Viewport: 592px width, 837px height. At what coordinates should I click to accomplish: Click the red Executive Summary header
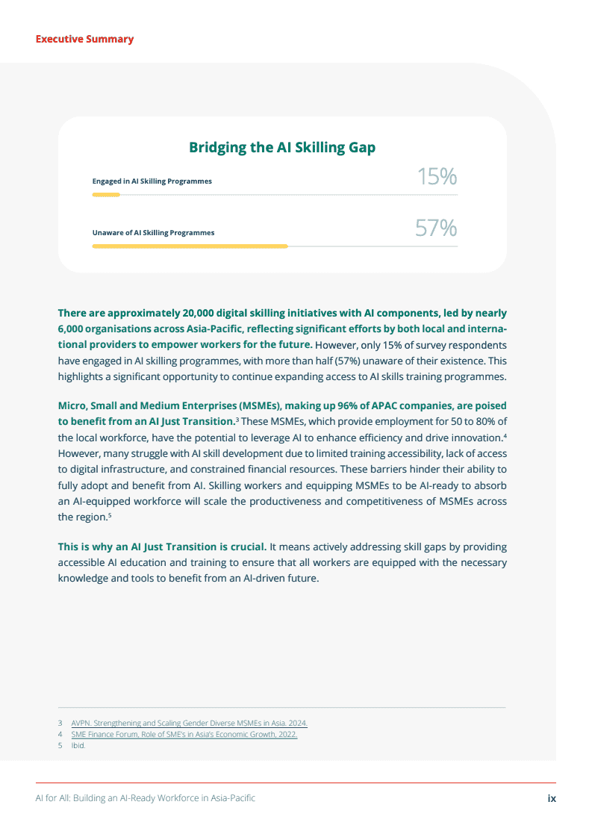tap(84, 39)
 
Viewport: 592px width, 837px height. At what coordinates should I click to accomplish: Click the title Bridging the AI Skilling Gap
tap(282, 147)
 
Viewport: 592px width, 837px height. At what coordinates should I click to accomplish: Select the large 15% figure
tap(437, 177)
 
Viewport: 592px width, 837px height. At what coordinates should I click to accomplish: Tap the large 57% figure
tap(436, 228)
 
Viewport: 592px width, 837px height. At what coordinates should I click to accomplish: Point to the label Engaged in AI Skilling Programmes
tap(152, 181)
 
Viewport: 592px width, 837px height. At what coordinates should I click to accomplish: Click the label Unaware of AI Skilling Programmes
tap(153, 232)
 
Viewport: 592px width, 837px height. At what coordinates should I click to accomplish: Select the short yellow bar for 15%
tap(106, 195)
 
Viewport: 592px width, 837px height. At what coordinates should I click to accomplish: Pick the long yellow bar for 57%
tap(190, 246)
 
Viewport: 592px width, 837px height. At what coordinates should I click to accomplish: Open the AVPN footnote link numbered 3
tap(189, 723)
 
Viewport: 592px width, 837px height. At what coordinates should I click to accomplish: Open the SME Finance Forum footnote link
tap(184, 734)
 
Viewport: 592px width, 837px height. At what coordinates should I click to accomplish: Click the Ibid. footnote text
tap(78, 745)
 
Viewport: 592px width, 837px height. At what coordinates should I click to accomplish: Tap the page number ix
tap(552, 797)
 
